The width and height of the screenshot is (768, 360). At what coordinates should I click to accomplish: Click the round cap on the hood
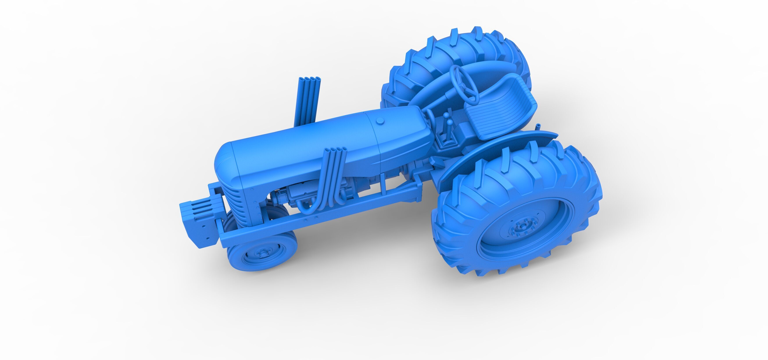(x=380, y=120)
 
